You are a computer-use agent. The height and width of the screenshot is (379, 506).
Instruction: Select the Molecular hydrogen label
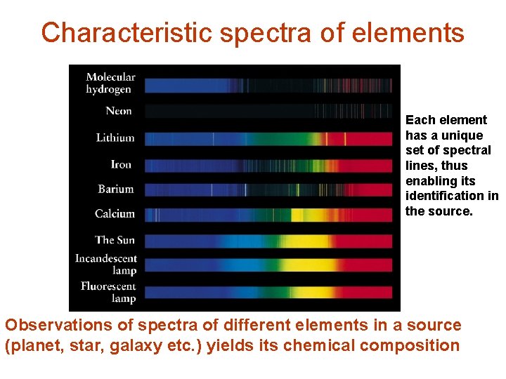110,83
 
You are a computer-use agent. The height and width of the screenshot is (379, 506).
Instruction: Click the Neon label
119,111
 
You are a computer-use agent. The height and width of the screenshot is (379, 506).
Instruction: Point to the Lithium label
115,138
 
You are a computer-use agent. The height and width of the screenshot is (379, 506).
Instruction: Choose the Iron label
121,164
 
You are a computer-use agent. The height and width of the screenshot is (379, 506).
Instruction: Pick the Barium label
116,189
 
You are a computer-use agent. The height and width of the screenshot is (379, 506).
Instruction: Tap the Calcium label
115,213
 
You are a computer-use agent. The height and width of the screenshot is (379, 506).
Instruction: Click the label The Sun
115,240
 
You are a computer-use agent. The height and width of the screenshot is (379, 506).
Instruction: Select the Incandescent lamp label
106,265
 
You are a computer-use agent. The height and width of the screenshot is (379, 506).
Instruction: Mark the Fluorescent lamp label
108,292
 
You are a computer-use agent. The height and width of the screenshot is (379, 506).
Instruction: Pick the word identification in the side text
446,196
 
